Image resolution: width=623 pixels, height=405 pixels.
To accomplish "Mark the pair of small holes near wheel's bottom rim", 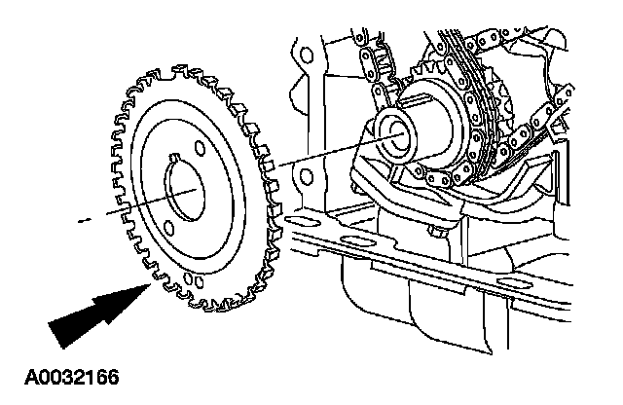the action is click(x=195, y=283).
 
